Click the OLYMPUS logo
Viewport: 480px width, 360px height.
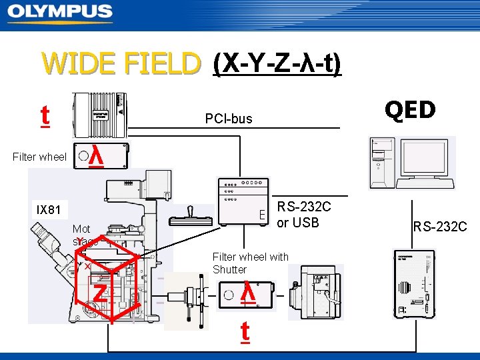60,13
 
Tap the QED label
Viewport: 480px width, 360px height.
410,110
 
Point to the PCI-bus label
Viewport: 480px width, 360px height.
229,119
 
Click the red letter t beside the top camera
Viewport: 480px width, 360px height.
45,115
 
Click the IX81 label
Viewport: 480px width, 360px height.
49,211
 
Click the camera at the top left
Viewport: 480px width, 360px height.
100,115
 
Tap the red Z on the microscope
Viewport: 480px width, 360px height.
99,292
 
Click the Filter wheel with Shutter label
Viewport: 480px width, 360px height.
250,263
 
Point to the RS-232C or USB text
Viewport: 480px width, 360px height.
303,215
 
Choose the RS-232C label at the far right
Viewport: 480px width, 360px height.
440,227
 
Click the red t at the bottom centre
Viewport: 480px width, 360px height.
245,332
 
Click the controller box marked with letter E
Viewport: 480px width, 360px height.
243,201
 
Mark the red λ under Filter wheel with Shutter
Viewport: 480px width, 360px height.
247,293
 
